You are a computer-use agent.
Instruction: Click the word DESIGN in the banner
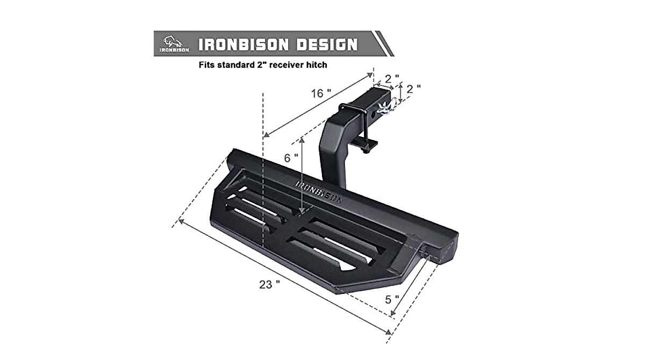pyautogui.click(x=323, y=44)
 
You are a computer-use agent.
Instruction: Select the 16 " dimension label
pyautogui.click(x=321, y=93)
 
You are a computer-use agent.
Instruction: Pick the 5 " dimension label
pyautogui.click(x=392, y=299)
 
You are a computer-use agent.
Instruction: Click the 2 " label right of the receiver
pyautogui.click(x=413, y=89)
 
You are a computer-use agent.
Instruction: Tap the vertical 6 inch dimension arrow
pyautogui.click(x=303, y=175)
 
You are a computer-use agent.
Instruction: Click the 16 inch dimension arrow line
pyautogui.click(x=317, y=105)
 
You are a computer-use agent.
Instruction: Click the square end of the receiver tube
pyautogui.click(x=383, y=97)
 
